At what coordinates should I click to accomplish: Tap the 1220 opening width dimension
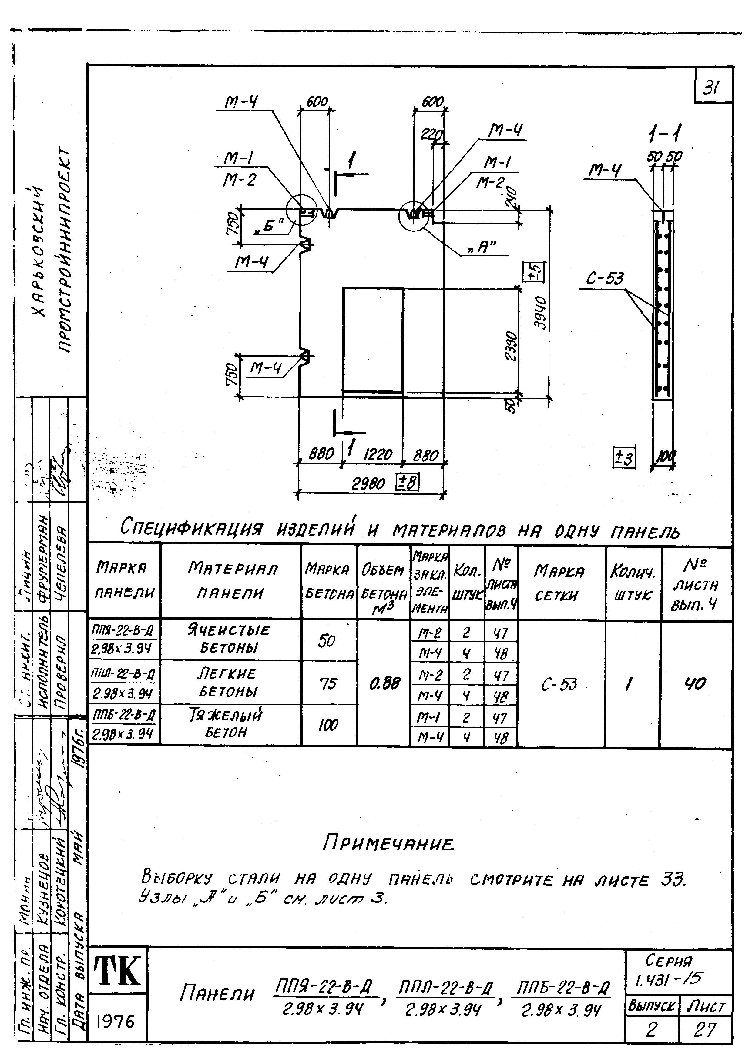tap(378, 455)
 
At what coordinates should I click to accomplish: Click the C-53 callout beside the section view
tap(605, 279)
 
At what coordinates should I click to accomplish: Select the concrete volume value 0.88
tap(384, 683)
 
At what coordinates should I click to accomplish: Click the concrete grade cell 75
tap(328, 683)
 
